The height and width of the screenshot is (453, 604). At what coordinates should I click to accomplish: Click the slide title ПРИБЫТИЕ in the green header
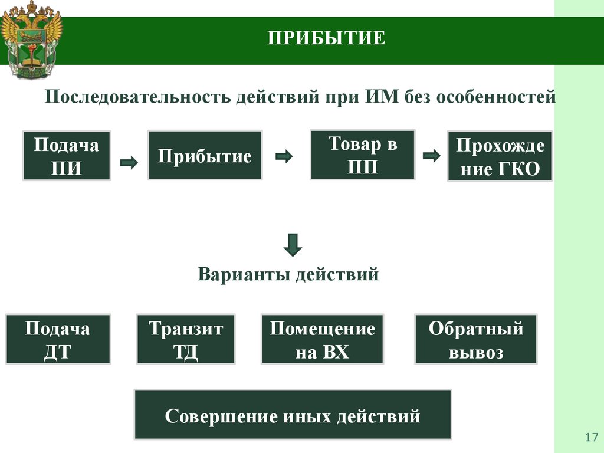point(326,39)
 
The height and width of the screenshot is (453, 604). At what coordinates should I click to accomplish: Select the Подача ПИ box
point(66,156)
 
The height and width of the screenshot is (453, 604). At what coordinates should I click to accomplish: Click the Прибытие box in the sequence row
point(205,156)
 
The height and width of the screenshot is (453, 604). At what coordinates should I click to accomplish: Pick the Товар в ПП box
point(362,155)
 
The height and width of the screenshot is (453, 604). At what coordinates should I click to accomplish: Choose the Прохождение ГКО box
point(500,156)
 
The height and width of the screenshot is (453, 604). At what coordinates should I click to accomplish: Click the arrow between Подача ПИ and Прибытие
point(129,162)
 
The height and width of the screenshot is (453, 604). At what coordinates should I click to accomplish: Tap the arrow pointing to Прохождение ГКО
point(432,156)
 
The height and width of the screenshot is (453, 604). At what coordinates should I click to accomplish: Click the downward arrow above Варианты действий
point(293,245)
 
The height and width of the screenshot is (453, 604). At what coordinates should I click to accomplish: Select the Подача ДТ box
point(58,340)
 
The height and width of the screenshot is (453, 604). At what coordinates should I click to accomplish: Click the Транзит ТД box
point(186,340)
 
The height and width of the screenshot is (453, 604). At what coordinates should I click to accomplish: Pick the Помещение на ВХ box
point(322,340)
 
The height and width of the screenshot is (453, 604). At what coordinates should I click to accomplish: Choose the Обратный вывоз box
point(475,340)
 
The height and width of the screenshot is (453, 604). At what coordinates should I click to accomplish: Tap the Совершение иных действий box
point(293,415)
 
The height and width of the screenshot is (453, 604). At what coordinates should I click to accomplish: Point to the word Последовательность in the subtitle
point(139,96)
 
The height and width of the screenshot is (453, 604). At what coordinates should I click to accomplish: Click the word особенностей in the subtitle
point(496,96)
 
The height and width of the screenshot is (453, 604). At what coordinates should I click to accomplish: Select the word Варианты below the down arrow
point(244,274)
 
